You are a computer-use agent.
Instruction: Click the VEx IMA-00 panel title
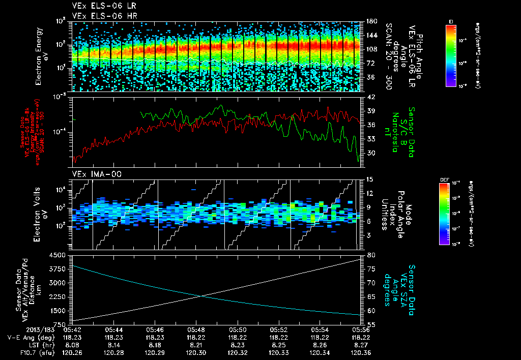[93, 174]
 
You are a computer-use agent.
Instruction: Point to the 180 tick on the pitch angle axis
[370, 21]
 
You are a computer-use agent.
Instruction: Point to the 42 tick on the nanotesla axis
[371, 97]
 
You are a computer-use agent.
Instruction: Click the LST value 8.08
[72, 344]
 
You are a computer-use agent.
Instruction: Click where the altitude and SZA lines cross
[200, 295]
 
